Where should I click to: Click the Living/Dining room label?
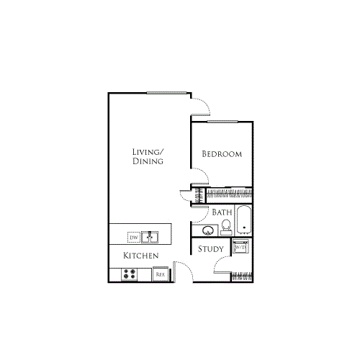point(148,156)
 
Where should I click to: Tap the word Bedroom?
point(221,154)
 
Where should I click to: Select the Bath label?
point(221,212)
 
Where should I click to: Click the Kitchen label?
point(140,256)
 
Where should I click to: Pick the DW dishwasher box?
point(133,236)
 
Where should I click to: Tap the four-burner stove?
point(130,274)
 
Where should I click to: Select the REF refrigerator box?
point(161,274)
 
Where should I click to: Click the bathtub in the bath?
point(244,221)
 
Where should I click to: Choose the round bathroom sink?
point(207,231)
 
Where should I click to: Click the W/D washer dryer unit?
point(240,248)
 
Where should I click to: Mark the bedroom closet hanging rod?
point(230,193)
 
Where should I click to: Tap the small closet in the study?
point(242,276)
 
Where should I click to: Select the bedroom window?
point(222,122)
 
